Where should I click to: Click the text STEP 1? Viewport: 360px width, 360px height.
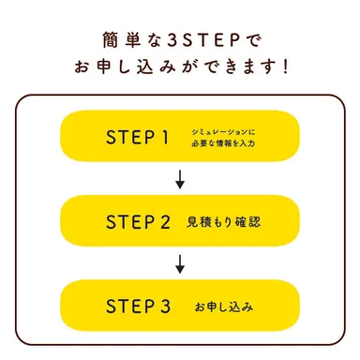coord(137,139)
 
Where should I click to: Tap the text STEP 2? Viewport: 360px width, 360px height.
coord(137,222)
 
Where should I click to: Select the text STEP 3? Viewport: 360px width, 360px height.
coord(137,306)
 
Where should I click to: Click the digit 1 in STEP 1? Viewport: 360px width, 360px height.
coord(165,139)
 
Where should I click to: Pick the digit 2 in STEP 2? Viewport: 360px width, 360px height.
coord(165,222)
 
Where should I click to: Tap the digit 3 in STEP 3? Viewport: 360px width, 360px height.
coord(165,306)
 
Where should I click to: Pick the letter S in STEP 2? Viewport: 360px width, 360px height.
coord(110,222)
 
